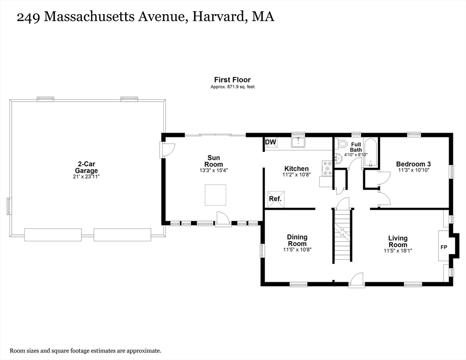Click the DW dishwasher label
click(271, 142)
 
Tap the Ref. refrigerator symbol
click(276, 199)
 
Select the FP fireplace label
click(443, 247)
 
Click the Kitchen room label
click(296, 169)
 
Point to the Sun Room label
click(214, 161)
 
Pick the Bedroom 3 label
click(413, 164)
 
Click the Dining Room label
click(297, 240)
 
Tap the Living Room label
click(398, 241)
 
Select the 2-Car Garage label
click(86, 167)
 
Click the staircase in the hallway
click(343, 235)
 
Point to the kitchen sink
click(298, 142)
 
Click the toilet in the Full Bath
click(341, 144)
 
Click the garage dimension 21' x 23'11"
click(86, 177)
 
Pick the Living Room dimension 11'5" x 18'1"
click(398, 251)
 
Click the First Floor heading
click(233, 80)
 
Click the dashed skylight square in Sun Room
click(216, 195)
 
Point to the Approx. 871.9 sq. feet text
click(233, 87)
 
